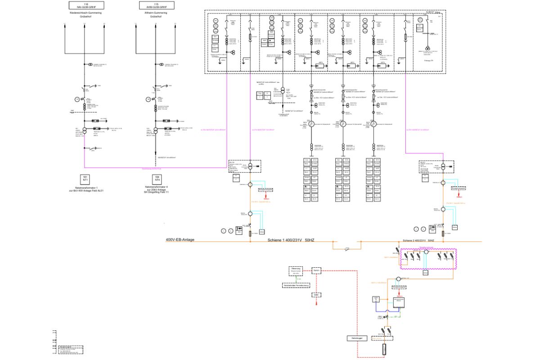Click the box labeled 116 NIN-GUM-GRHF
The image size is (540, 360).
85,5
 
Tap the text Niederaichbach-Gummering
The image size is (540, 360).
85,13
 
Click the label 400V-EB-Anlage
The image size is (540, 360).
180,240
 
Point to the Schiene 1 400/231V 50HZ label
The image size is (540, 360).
291,240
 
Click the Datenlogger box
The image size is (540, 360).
358,338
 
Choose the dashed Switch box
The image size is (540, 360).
316,270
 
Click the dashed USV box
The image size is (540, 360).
316,295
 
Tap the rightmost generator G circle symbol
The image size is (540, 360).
374,124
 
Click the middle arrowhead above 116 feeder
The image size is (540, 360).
85,26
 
